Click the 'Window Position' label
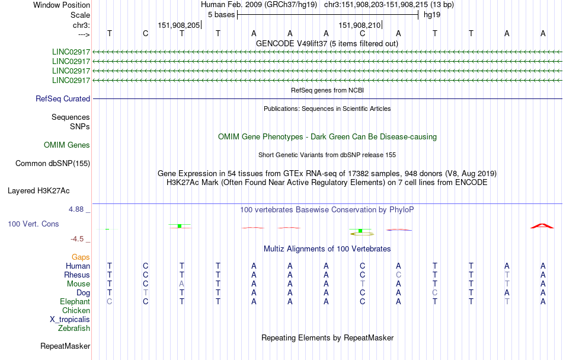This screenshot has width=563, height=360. pos(62,5)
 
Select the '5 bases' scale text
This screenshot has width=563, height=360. pos(221,15)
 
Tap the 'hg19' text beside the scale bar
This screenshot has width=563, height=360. pos(432,15)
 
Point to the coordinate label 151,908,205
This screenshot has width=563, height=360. pos(179,25)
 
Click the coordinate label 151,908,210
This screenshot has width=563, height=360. pos(359,25)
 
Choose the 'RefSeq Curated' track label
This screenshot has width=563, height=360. pos(63,99)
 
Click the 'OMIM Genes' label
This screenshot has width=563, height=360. pos(67,145)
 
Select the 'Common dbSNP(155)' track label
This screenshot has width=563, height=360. pos(53,164)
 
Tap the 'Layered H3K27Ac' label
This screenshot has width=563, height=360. pos(39,191)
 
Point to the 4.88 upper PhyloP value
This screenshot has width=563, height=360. pos(76,209)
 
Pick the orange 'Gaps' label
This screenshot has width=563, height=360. pos(81,257)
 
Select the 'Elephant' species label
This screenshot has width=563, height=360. pos(75,302)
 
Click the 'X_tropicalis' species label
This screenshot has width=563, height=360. pos(70,320)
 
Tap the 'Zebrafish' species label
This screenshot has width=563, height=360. pos(74,329)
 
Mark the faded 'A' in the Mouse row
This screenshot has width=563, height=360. pos(182,284)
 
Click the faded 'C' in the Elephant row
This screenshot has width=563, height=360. pos(110,302)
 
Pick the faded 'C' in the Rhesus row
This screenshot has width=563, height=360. pos(398,275)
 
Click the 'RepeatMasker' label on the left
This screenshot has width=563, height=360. pos(65,346)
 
